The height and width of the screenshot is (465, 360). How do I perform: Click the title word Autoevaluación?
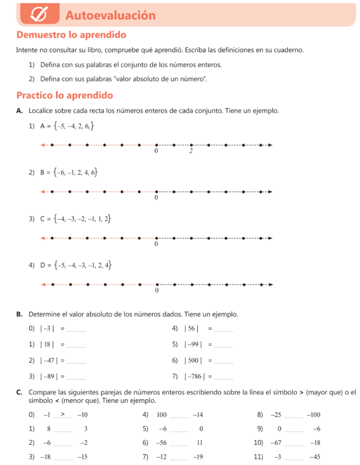tap(110, 15)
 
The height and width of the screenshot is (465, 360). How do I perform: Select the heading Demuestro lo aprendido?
tap(71, 35)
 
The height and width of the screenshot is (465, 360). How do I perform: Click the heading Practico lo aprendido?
tap(64, 96)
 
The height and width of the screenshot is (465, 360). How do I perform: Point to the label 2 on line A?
tap(191, 151)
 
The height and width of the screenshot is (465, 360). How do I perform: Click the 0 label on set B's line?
tap(156, 198)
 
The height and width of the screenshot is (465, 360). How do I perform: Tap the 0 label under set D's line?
tap(157, 291)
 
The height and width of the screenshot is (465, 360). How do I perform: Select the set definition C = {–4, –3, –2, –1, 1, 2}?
tap(76, 219)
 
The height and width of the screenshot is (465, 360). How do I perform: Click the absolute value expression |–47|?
tap(48, 361)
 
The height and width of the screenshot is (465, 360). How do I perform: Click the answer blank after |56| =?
tap(224, 329)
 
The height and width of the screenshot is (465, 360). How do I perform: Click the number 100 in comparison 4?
tap(162, 415)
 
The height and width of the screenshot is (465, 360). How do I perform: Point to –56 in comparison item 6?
tap(161, 443)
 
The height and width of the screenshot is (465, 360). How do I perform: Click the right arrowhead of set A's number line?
tap(270, 145)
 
